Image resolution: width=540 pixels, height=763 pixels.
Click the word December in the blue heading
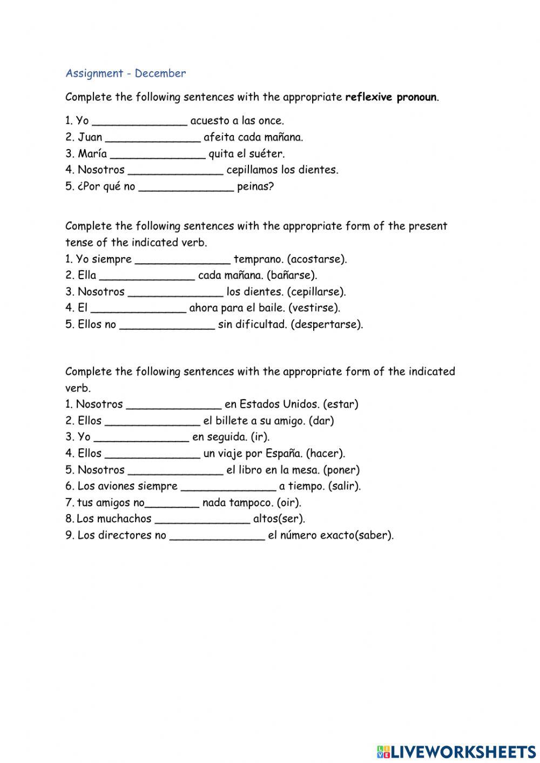160,73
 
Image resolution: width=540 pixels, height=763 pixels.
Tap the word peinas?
255,187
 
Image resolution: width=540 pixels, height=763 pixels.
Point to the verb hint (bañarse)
292,275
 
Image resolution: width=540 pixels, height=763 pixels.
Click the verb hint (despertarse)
327,325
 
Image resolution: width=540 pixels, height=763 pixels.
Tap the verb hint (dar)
322,421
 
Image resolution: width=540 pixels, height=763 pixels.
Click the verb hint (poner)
341,470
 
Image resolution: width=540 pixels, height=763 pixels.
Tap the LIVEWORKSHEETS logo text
463,751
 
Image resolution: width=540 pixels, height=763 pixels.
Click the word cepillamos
252,170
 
